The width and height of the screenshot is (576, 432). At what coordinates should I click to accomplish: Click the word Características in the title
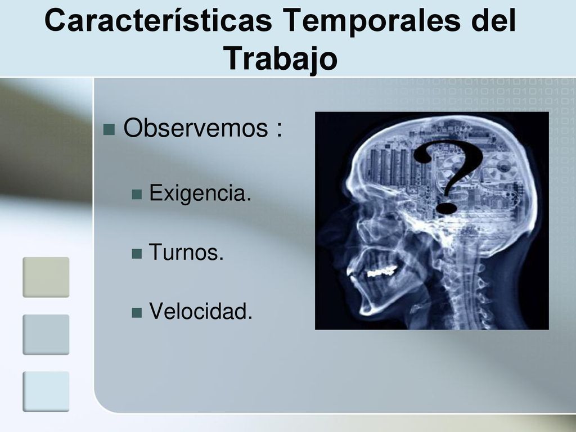pos(158,20)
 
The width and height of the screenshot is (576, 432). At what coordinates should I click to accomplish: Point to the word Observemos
pos(195,128)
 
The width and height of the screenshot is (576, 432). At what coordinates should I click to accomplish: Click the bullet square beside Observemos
pos(109,130)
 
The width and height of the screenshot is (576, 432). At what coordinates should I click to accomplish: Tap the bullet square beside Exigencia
pos(137,194)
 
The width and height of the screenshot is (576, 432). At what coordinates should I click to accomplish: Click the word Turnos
pos(186,252)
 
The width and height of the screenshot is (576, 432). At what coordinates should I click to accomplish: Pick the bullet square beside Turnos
pos(137,254)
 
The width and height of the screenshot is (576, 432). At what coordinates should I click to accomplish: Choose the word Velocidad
pos(201,310)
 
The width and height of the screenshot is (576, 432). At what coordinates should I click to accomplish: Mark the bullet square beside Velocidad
pos(137,313)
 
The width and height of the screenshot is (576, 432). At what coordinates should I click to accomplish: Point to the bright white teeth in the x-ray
pos(382,272)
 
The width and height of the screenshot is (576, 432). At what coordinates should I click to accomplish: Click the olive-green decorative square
pos(46,277)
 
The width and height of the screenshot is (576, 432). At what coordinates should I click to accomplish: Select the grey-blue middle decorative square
pos(46,335)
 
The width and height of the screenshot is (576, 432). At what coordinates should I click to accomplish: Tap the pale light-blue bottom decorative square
pos(46,391)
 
